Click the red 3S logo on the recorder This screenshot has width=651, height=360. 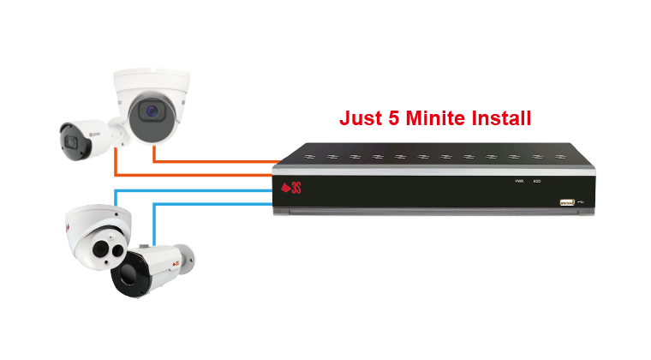pyautogui.click(x=289, y=188)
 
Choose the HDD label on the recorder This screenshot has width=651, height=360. pyautogui.click(x=537, y=182)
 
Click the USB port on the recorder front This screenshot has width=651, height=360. pyautogui.click(x=566, y=202)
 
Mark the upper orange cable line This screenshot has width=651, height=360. pyautogui.click(x=214, y=162)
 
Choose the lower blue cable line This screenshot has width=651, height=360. pyautogui.click(x=214, y=203)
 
